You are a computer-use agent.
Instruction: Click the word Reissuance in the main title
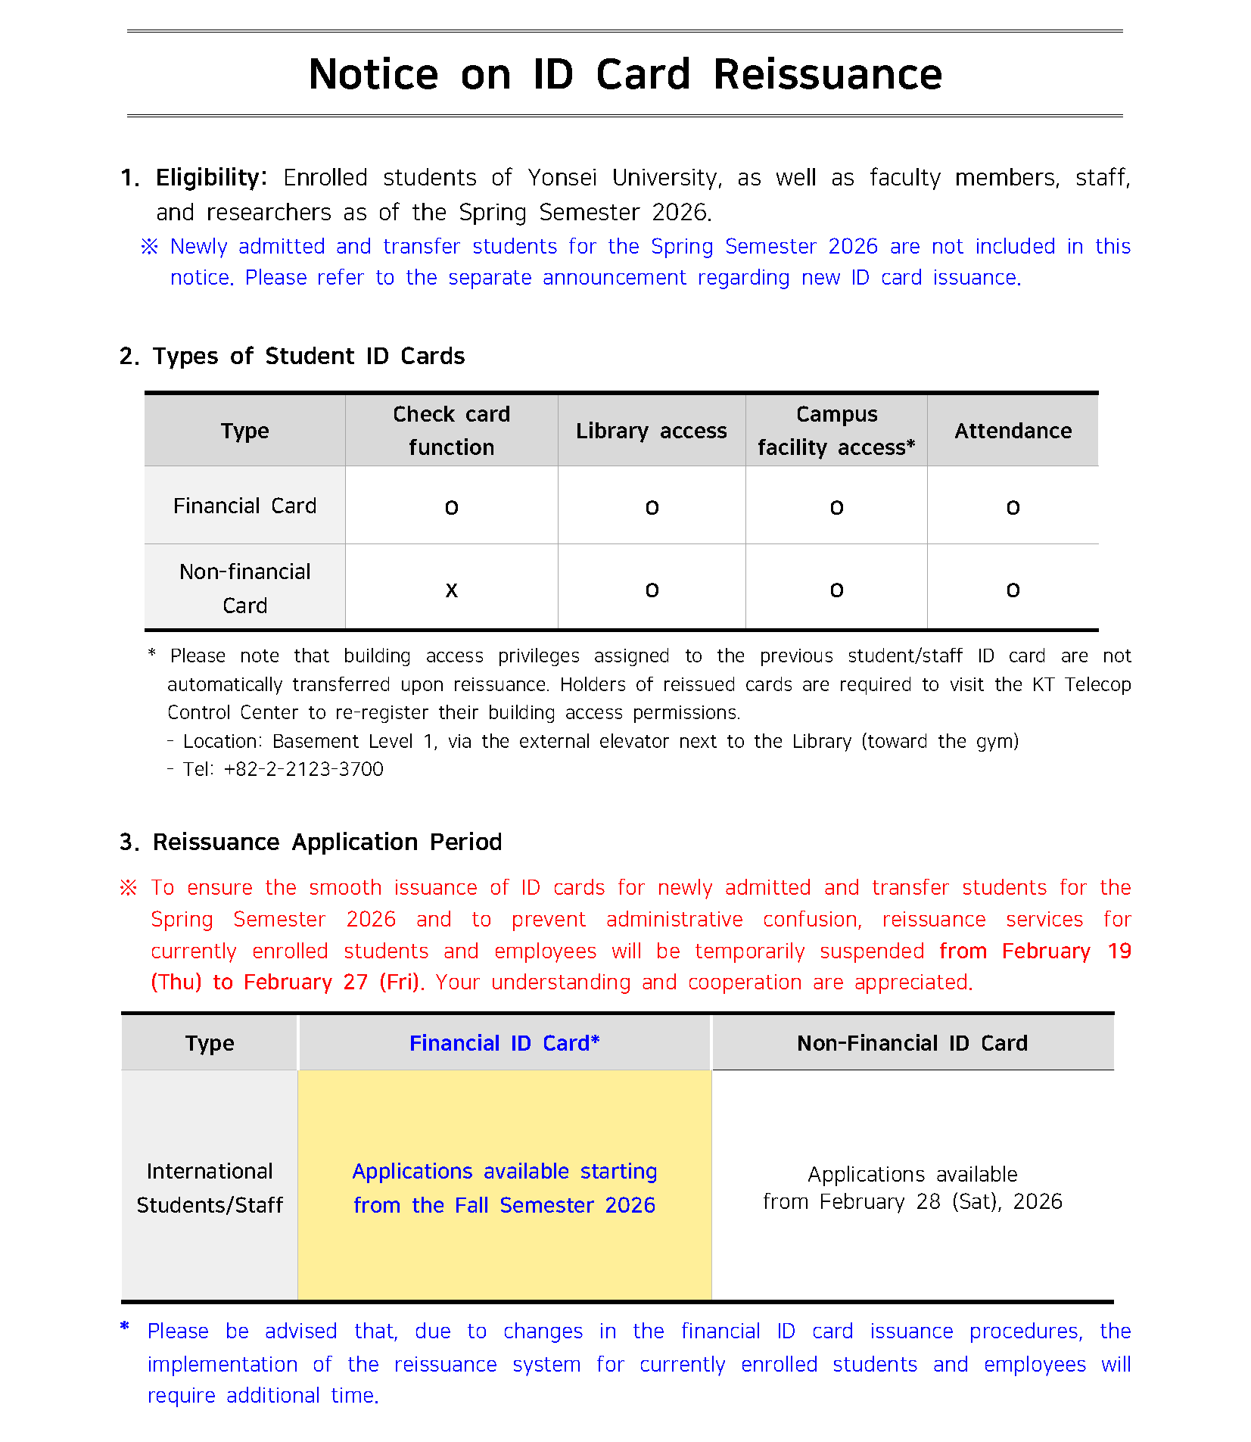pyautogui.click(x=827, y=75)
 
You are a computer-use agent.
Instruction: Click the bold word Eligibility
pyautogui.click(x=210, y=178)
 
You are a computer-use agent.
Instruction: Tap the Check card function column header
pyautogui.click(x=451, y=431)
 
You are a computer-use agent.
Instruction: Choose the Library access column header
pyautogui.click(x=651, y=431)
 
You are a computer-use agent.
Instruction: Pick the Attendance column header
pyautogui.click(x=1013, y=431)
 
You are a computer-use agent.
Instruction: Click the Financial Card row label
pyautogui.click(x=244, y=506)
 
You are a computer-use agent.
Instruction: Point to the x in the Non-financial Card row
pyautogui.click(x=451, y=590)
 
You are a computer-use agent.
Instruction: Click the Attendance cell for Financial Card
pyautogui.click(x=1013, y=507)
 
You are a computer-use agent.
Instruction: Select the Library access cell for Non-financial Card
pyautogui.click(x=652, y=590)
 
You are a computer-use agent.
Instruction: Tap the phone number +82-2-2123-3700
pyautogui.click(x=303, y=769)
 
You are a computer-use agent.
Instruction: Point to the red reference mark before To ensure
pyautogui.click(x=129, y=887)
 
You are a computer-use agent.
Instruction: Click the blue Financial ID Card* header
pyautogui.click(x=504, y=1043)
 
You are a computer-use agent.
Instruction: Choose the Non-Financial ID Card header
pyautogui.click(x=912, y=1043)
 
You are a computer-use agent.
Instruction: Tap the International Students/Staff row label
pyautogui.click(x=210, y=1188)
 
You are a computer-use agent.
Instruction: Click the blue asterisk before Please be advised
pyautogui.click(x=125, y=1326)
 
